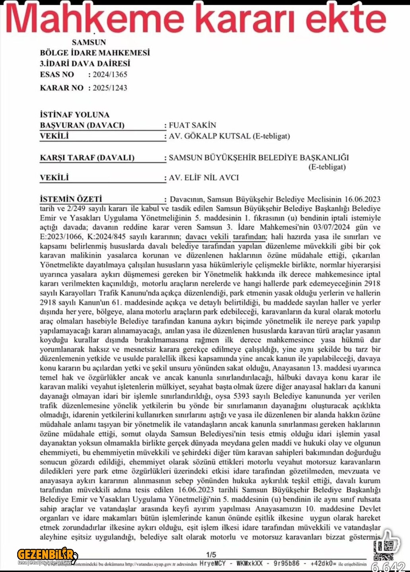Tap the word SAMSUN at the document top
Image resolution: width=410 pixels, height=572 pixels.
89,43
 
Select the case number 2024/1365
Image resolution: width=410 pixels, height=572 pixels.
110,75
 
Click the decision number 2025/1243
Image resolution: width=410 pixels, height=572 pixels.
110,88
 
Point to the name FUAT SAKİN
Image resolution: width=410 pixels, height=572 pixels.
192,126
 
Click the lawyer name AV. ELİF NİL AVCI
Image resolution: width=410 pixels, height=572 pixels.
204,178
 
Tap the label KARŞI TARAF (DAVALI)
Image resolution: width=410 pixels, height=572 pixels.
87,158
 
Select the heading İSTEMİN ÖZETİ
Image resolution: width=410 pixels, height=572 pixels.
71,199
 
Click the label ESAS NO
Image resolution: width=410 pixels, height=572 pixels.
57,75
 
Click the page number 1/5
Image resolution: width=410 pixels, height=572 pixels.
211,555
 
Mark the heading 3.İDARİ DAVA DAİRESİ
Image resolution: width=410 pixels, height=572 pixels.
85,64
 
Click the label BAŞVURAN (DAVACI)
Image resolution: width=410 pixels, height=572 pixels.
82,126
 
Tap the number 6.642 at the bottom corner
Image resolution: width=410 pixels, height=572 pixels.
389,567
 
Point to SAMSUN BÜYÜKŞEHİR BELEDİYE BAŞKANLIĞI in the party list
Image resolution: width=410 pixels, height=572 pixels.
259,158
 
